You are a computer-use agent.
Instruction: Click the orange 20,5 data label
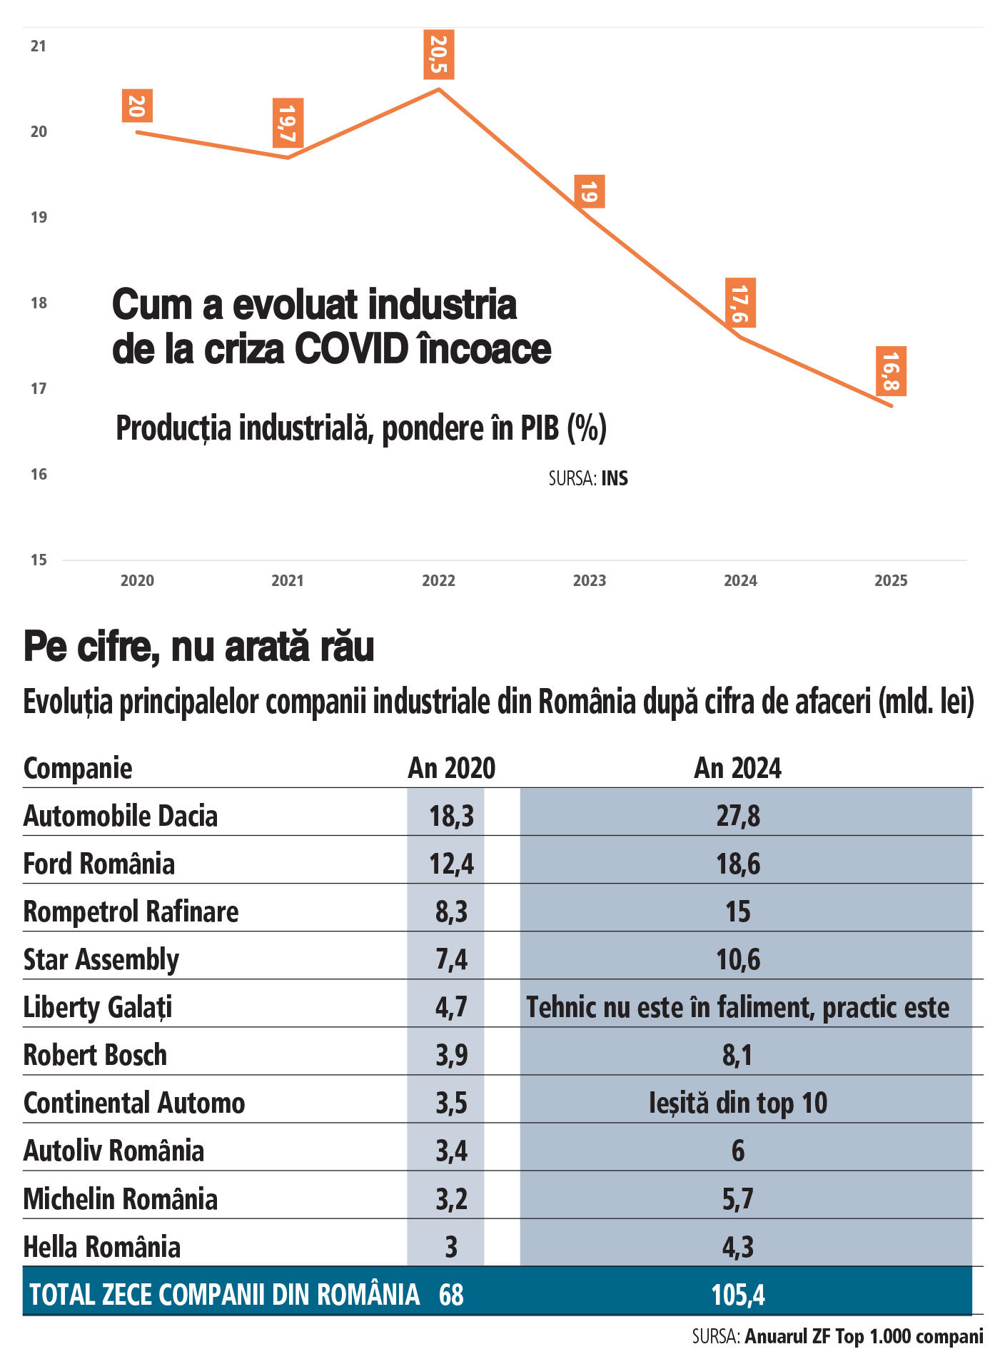pos(438,55)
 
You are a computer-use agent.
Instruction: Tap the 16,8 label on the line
pos(891,372)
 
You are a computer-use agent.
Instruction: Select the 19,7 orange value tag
pos(288,123)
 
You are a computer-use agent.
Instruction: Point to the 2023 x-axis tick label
pos(589,580)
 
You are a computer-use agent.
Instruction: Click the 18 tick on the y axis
pos(39,303)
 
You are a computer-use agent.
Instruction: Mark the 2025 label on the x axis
pos(891,580)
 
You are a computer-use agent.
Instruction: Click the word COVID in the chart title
pos(350,349)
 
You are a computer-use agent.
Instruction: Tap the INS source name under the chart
pos(615,478)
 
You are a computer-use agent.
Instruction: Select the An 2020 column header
pos(451,768)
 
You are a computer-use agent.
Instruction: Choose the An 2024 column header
pos(737,768)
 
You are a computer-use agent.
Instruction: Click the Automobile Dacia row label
pos(120,816)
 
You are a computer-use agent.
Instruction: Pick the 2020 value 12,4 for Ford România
pos(451,864)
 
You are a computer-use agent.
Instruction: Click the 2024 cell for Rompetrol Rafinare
pos(737,911)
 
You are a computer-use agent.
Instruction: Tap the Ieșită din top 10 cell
pos(737,1103)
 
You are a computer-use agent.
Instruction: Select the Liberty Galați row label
pos(98,1007)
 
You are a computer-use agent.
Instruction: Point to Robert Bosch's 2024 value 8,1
pos(737,1055)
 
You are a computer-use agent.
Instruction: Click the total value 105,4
pos(737,1295)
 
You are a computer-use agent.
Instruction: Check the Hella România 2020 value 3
pos(451,1247)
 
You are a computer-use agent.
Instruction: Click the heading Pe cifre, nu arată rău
pos(199,647)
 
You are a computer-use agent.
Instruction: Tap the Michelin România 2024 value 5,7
pos(737,1199)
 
